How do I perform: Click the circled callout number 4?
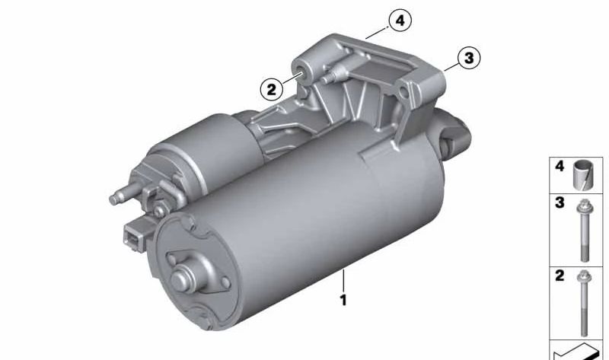point(400,21)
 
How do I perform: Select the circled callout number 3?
point(469,58)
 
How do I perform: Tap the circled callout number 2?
point(271,89)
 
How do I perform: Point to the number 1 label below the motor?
point(343,300)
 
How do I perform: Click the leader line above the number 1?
point(343,281)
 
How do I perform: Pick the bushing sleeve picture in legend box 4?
point(584,175)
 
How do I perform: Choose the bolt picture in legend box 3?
point(585,231)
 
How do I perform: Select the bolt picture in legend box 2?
point(585,303)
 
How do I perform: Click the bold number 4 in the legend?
point(560,167)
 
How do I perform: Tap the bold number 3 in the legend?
point(560,202)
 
